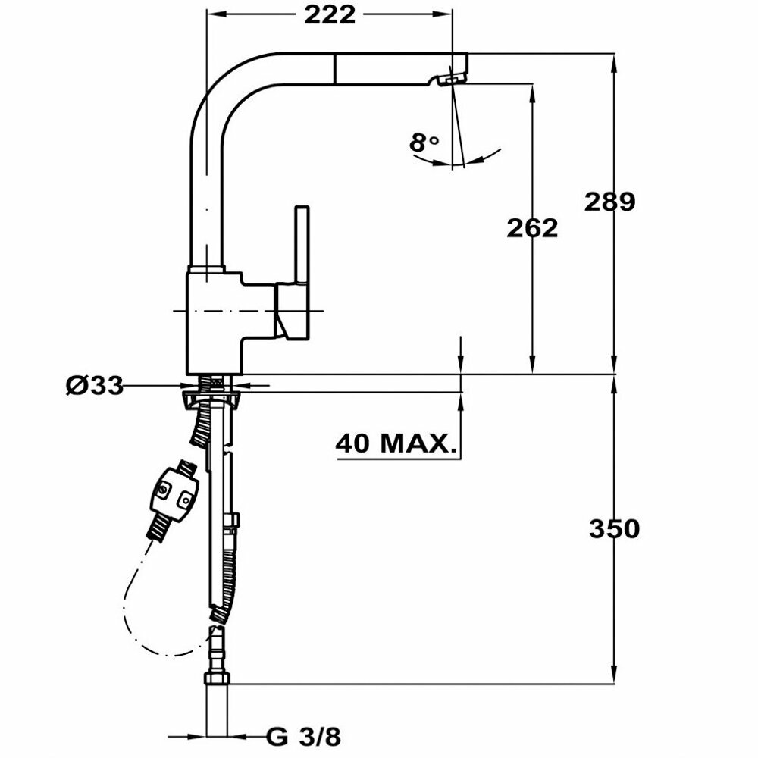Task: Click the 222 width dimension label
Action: pos(330,16)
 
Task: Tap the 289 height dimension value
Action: pos(609,202)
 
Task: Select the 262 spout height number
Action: pos(532,227)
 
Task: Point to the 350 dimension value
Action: pos(614,528)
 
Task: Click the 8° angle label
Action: pos(424,142)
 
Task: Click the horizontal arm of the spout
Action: pos(341,67)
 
